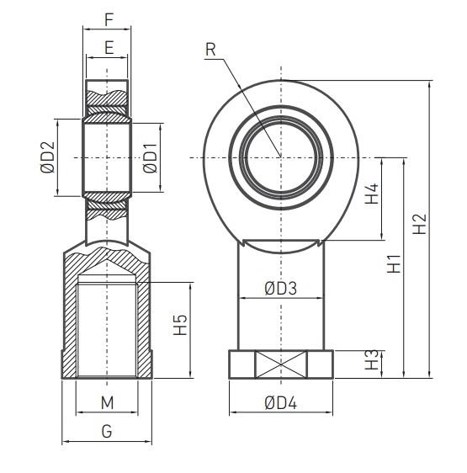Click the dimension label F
tap(108, 18)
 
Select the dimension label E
tap(108, 48)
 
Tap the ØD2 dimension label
tap(47, 157)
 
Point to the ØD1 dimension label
tap(150, 157)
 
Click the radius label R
tap(210, 49)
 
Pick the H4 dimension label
tap(371, 199)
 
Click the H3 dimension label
tap(371, 363)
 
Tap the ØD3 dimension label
tap(280, 288)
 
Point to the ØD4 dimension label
tap(280, 402)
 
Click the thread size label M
tap(108, 402)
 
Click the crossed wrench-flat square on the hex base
tap(280, 364)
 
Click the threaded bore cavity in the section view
tap(107, 328)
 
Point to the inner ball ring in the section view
tap(108, 157)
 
